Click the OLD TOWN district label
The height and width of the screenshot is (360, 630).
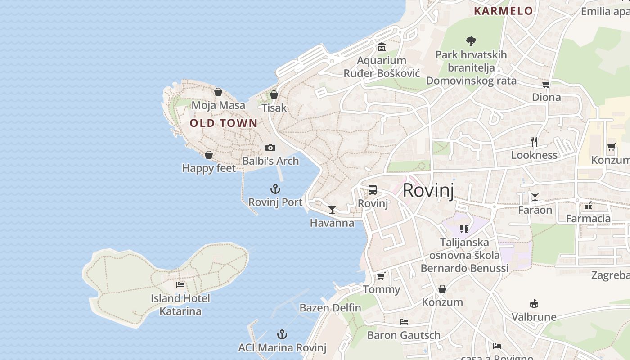224,123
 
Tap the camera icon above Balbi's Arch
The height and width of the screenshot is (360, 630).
270,148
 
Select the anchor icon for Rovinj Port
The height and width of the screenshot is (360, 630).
275,189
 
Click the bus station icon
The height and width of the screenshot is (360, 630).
373,190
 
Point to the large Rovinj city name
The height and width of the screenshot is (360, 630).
428,190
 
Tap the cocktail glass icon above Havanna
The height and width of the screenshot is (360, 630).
332,209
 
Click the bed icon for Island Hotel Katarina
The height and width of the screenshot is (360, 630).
180,285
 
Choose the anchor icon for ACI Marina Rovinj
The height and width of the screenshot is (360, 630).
282,334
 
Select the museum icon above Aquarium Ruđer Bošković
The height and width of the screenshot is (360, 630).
382,47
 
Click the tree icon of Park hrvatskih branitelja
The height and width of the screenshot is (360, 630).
471,41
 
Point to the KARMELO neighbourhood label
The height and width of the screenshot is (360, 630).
504,11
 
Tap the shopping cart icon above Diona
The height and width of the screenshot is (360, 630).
546,84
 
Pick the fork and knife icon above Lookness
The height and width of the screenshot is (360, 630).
534,142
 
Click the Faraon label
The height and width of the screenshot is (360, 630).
535,210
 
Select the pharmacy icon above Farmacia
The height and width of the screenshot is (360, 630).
588,206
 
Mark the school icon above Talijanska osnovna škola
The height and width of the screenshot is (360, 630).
464,229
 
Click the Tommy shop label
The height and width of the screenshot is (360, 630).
381,289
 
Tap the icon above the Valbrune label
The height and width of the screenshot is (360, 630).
534,304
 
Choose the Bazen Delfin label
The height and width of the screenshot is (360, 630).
330,308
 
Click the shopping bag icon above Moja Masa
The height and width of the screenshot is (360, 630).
218,92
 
